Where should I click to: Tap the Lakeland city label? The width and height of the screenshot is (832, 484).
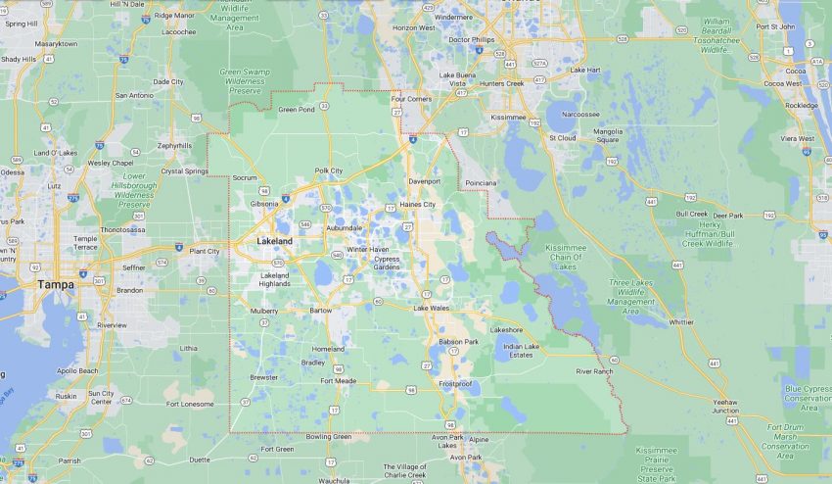click(274, 240)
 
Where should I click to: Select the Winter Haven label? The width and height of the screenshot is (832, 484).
click(368, 249)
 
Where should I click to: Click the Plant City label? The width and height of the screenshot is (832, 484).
click(205, 251)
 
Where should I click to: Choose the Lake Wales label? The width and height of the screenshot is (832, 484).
click(432, 309)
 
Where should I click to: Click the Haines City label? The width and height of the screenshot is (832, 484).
click(416, 204)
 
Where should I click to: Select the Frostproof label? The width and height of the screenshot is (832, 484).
click(457, 383)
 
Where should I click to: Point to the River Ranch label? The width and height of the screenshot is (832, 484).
click(594, 371)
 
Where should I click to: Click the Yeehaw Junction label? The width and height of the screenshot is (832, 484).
click(725, 407)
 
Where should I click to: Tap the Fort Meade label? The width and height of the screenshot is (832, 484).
click(338, 380)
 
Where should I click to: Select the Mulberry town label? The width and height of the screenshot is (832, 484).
click(264, 310)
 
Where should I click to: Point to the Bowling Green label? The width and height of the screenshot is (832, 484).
click(328, 436)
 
